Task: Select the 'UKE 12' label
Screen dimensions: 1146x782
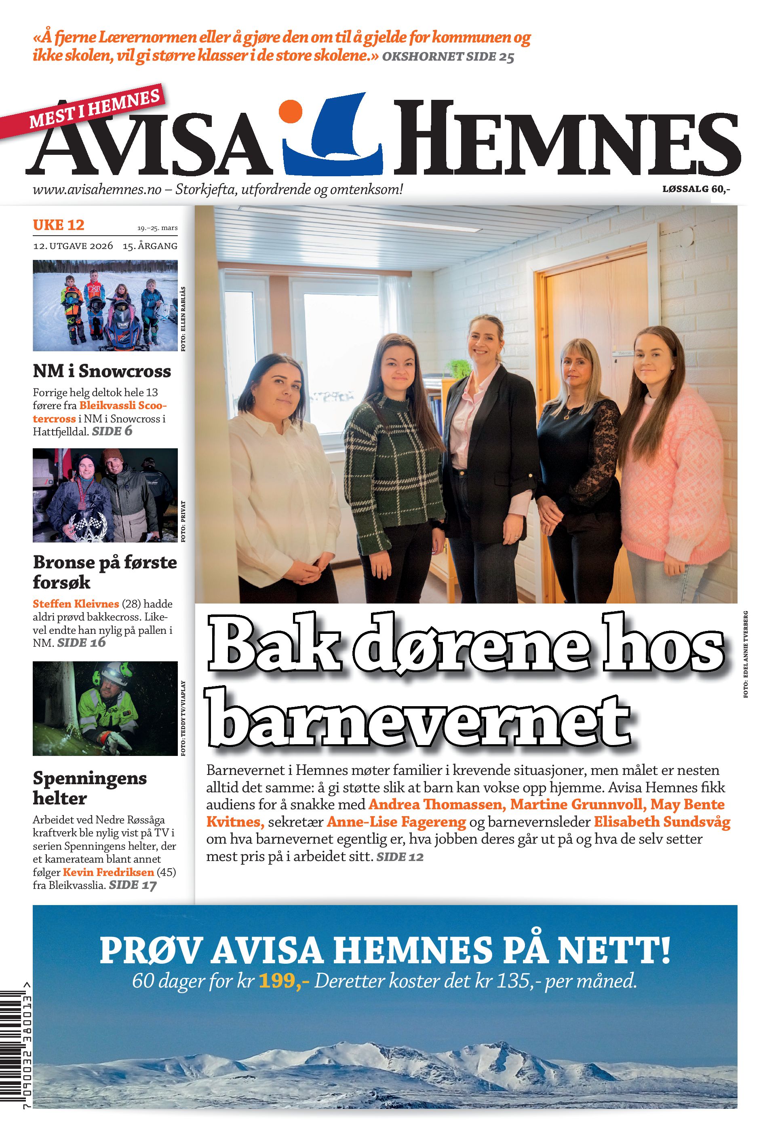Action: (58, 225)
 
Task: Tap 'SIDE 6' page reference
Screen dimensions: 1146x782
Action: (112, 431)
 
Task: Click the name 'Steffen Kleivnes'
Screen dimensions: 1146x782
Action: (76, 604)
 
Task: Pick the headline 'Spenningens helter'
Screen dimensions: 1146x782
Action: (89, 787)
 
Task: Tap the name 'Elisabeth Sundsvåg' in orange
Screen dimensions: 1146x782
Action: (662, 822)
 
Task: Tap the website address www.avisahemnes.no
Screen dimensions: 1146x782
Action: (97, 189)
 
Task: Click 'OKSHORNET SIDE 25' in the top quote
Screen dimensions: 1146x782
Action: (448, 57)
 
